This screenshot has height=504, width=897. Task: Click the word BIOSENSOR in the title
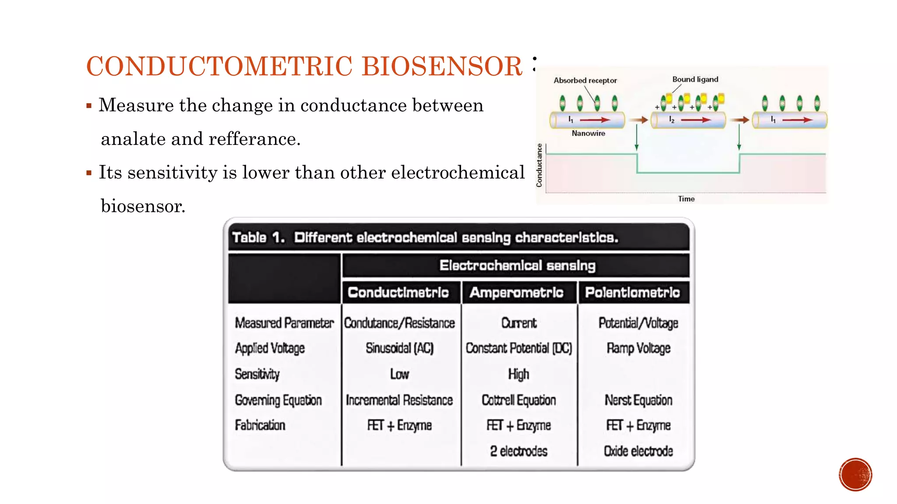coord(442,66)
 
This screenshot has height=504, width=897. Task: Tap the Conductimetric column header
coord(398,292)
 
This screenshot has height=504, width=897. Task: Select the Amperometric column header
coord(516,292)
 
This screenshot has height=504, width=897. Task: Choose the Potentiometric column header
coord(632,292)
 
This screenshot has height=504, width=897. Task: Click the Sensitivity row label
coord(257,374)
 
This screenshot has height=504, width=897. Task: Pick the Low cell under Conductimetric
coord(399,374)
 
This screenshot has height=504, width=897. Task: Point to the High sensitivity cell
coord(519,374)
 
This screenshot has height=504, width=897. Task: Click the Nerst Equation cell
coord(638,400)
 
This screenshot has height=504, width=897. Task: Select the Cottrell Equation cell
coord(519,400)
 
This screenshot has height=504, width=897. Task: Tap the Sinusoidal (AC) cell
coord(399,348)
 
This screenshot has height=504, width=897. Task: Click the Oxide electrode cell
coord(638,451)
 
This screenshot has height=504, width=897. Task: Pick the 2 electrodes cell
coord(519,451)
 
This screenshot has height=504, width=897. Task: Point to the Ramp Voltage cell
coord(638,348)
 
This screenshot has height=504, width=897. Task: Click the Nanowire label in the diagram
coord(588,133)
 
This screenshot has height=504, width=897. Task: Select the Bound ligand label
coord(695,80)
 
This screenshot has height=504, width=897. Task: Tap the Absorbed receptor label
coord(585,80)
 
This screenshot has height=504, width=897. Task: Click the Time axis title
coord(686,199)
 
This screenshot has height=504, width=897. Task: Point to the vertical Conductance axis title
coord(540,165)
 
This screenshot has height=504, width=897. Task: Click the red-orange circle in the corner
coord(855,475)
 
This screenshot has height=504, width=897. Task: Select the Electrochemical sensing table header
coord(517,266)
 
